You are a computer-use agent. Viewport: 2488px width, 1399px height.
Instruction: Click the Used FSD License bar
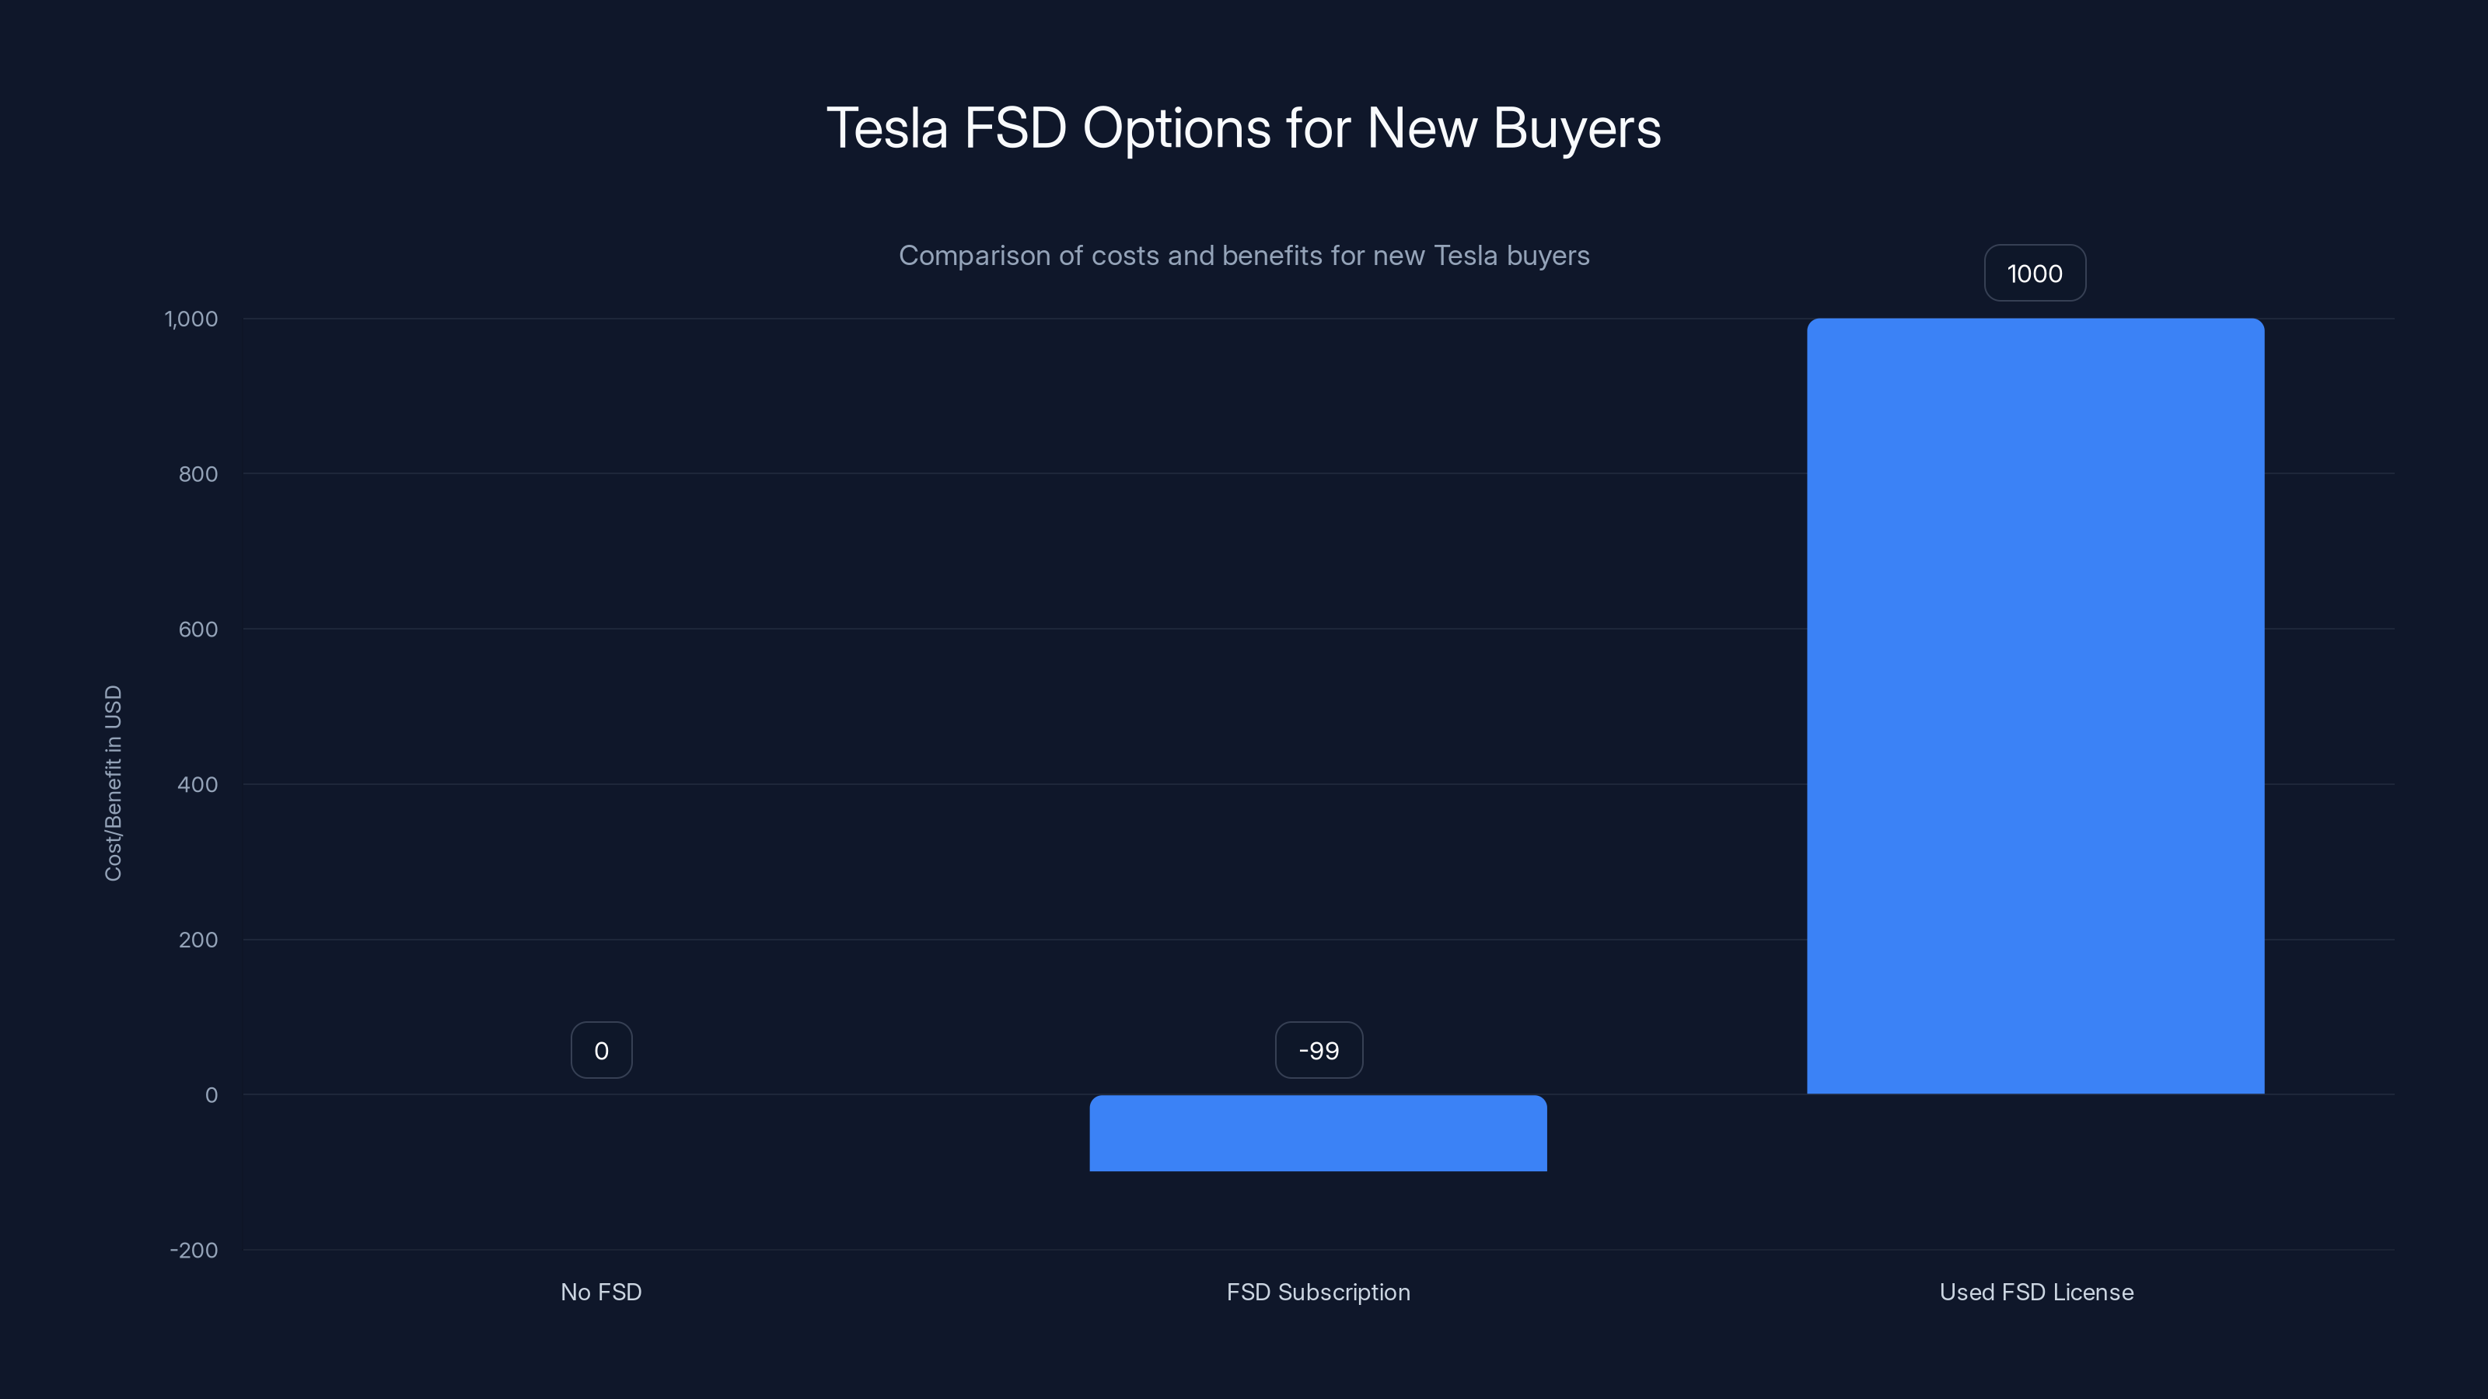coord(2035,706)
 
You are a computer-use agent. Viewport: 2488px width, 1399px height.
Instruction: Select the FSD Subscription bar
coord(1317,1132)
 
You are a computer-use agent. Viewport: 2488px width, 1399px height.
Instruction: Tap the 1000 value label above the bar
coord(2034,274)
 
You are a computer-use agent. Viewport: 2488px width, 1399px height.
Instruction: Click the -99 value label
coord(1319,1051)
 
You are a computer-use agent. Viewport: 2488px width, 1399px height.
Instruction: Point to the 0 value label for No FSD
coord(601,1051)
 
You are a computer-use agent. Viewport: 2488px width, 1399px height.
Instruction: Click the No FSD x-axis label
coord(601,1292)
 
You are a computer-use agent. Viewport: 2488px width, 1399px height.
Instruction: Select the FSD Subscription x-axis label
coord(1317,1292)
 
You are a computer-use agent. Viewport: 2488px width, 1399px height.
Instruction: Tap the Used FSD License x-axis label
coord(2036,1292)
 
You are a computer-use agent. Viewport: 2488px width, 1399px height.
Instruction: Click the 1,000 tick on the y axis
coord(191,319)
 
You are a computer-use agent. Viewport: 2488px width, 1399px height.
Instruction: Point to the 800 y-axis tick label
coord(198,474)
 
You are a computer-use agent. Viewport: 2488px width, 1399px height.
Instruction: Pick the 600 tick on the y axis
coord(198,630)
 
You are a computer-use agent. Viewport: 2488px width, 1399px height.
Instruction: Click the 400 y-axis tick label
coord(198,784)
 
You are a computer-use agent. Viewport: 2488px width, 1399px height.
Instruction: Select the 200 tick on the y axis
coord(198,940)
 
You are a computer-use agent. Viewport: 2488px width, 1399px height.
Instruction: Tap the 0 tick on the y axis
coord(211,1095)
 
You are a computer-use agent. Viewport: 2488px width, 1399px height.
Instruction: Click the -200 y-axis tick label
coord(194,1251)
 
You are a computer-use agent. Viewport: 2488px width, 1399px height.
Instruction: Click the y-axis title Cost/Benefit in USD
coord(113,783)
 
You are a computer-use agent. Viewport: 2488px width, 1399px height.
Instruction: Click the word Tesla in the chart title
coord(886,128)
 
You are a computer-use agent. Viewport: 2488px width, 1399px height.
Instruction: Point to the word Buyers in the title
coord(1576,128)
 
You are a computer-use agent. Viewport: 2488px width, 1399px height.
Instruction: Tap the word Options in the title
coord(1176,128)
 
